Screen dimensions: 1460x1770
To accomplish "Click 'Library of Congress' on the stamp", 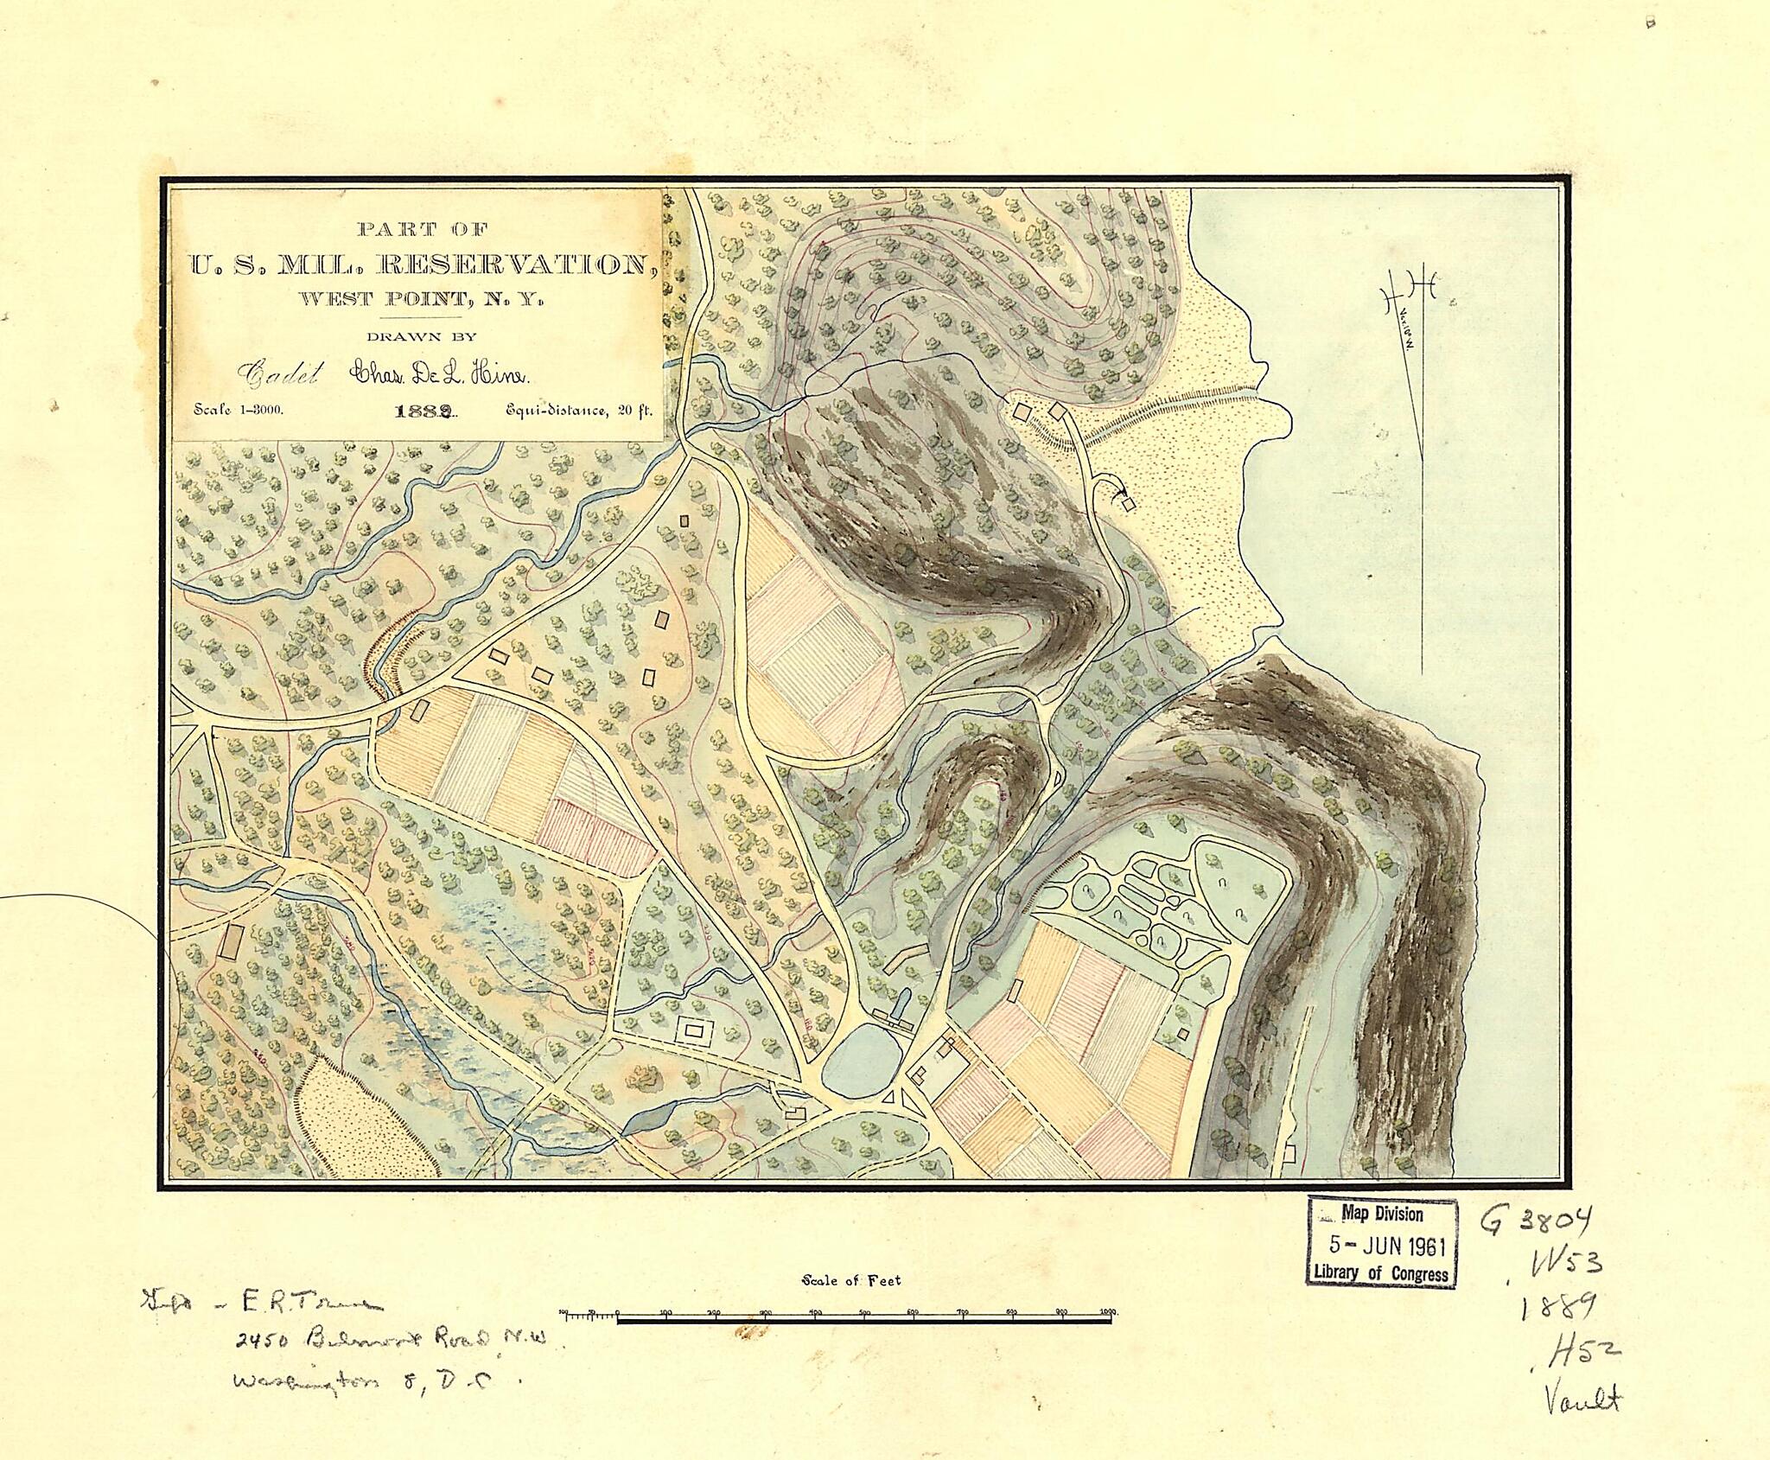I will tap(1381, 1272).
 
